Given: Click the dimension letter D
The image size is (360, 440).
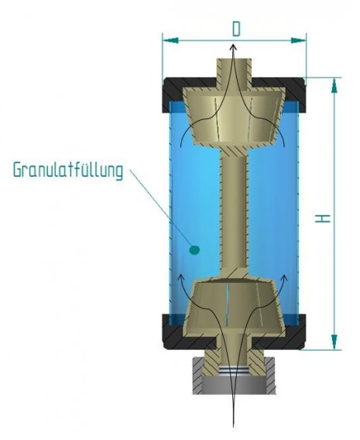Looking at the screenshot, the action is pyautogui.click(x=236, y=29).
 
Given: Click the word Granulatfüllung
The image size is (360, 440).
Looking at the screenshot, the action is pyautogui.click(x=68, y=170).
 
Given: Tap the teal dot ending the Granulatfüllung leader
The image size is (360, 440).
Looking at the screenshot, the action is pyautogui.click(x=194, y=249).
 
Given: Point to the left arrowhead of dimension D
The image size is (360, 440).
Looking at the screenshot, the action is pyautogui.click(x=170, y=40).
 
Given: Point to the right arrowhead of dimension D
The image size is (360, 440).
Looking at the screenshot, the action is pyautogui.click(x=298, y=40).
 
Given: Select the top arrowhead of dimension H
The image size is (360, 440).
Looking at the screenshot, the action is pyautogui.click(x=334, y=85).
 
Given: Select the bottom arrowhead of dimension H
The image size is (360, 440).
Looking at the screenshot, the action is pyautogui.click(x=334, y=342).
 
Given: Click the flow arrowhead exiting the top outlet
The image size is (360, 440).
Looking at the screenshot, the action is pyautogui.click(x=233, y=47).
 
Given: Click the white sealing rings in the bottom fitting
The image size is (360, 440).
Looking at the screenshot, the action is pyautogui.click(x=233, y=370).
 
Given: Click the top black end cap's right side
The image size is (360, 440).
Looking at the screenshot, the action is pyautogui.click(x=292, y=93).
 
